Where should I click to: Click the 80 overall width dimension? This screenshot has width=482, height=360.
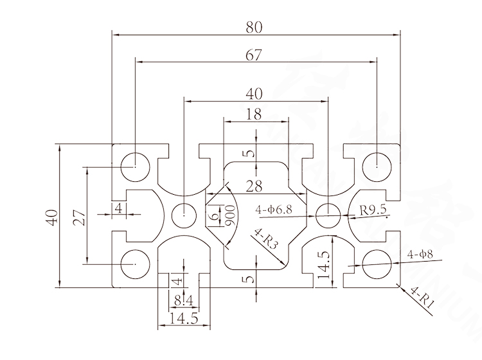pyautogui.click(x=254, y=27)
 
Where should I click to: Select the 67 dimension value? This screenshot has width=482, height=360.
pyautogui.click(x=254, y=56)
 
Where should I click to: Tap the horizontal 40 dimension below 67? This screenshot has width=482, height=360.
pyautogui.click(x=254, y=94)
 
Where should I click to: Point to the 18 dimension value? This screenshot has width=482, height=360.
pyautogui.click(x=254, y=114)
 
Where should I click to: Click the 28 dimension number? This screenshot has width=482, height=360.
pyautogui.click(x=254, y=186)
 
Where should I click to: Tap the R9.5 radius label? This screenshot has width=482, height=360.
pyautogui.click(x=373, y=210)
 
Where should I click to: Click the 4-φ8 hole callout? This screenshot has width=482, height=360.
pyautogui.click(x=420, y=255)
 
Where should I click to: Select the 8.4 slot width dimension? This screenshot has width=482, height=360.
pyautogui.click(x=183, y=299)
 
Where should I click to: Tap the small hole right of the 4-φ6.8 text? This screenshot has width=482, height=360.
pyautogui.click(x=328, y=212)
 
